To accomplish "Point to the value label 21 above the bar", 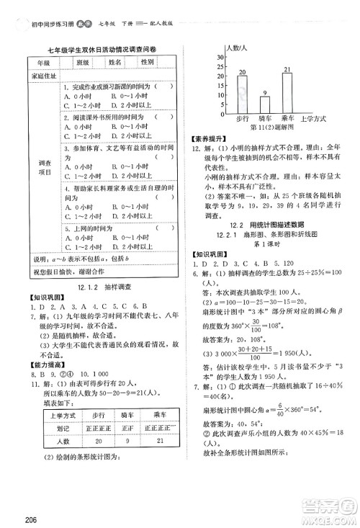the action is (288, 70).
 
